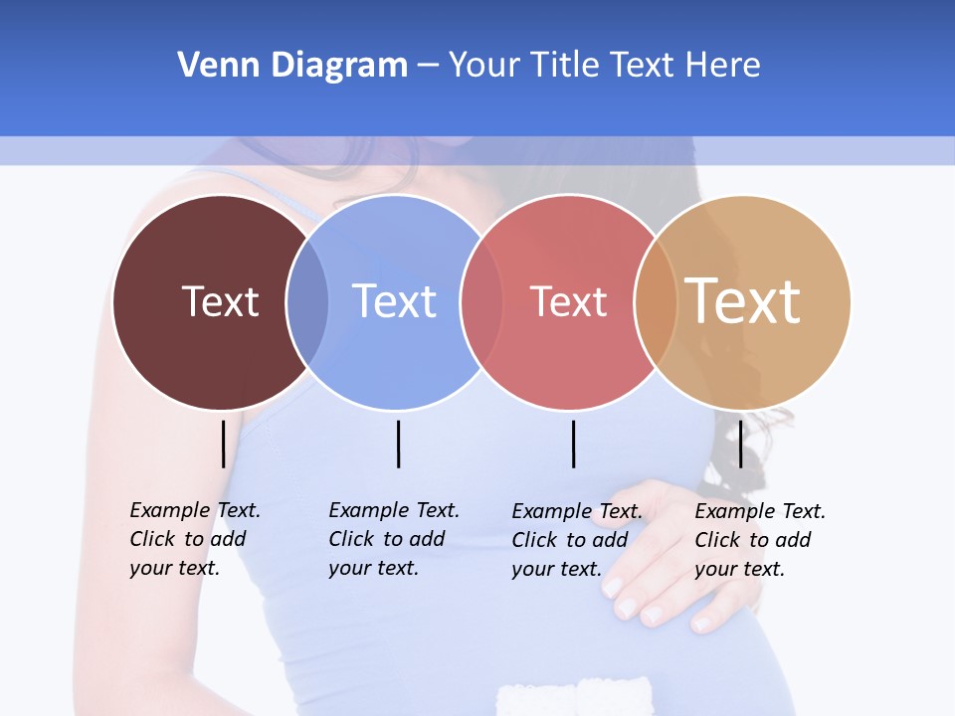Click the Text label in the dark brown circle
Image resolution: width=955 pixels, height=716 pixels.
[220, 301]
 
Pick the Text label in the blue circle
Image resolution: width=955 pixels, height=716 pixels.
[394, 301]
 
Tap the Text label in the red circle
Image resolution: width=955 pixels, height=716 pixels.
[568, 301]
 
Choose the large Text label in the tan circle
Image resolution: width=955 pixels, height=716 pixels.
[743, 301]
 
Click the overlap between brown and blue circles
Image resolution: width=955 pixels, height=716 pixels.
[307, 301]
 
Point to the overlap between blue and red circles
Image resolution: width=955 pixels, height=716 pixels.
[481, 301]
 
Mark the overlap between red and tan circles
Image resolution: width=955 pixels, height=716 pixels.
[656, 301]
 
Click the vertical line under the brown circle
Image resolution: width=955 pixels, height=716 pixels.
[223, 444]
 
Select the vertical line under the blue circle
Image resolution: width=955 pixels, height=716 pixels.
[398, 444]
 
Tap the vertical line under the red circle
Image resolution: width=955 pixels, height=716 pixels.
[573, 444]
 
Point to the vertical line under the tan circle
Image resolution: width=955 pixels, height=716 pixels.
[740, 444]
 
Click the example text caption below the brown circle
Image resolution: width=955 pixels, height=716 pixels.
[195, 539]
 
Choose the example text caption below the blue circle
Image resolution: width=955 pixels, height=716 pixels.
[394, 539]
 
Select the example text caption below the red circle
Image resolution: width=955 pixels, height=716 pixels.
[577, 540]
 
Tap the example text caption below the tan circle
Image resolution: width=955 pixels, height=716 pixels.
[760, 540]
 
